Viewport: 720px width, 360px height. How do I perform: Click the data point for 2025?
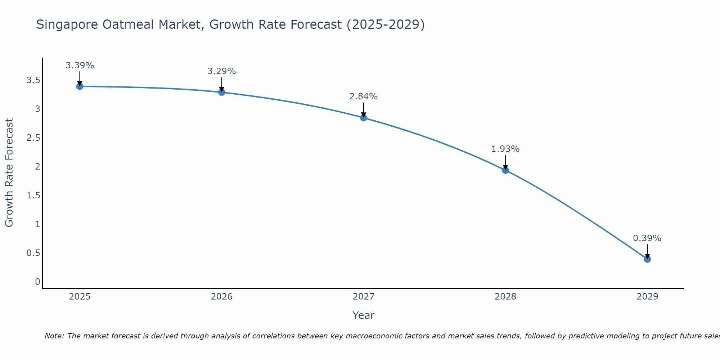click(x=80, y=86)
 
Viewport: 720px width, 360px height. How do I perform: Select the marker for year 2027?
click(x=364, y=118)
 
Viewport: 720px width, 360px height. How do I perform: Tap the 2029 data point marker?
click(x=647, y=259)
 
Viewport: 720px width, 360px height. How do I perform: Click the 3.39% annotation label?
click(x=80, y=66)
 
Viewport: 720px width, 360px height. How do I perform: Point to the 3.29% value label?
click(x=221, y=71)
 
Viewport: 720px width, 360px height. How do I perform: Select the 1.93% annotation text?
click(x=505, y=149)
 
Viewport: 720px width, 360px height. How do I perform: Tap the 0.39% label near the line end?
click(x=647, y=238)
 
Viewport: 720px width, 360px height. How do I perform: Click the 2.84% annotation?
click(x=363, y=96)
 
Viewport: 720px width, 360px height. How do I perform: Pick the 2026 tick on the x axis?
click(x=221, y=297)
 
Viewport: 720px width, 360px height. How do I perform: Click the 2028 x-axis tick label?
click(x=505, y=297)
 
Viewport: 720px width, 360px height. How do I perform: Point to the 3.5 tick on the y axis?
click(x=33, y=80)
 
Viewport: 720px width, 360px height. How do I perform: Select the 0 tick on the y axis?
click(x=37, y=282)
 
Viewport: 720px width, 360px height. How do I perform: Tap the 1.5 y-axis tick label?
click(x=33, y=195)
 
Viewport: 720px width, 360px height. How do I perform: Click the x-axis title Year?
click(x=363, y=315)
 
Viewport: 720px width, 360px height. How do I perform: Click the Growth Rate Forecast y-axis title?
click(x=9, y=173)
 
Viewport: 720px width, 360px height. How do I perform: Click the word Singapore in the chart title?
click(x=67, y=24)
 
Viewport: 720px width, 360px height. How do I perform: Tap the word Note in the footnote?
click(x=54, y=336)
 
